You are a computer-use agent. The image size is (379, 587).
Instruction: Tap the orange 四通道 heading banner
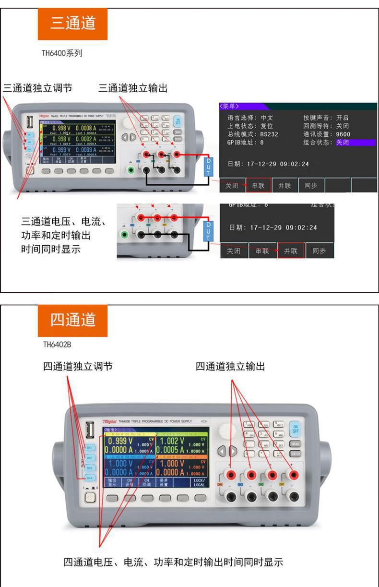(73, 320)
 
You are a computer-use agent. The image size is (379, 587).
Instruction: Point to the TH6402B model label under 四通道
(57, 344)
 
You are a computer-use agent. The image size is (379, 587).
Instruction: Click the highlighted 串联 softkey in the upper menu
(259, 186)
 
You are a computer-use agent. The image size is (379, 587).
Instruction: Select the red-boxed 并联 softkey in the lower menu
(291, 251)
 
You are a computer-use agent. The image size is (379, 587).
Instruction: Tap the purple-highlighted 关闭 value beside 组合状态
(342, 143)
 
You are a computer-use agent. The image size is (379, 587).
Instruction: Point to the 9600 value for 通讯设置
(343, 134)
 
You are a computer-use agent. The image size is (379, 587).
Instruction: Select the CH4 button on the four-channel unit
(89, 478)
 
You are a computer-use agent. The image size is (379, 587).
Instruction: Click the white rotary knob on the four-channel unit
(228, 429)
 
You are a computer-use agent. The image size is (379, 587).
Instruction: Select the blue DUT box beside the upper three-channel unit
(208, 166)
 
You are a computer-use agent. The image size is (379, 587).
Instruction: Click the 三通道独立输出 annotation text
(133, 88)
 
